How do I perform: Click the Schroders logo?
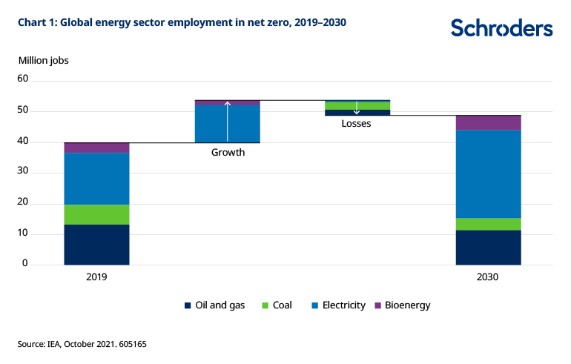tap(502, 28)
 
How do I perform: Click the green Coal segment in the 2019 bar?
tap(96, 214)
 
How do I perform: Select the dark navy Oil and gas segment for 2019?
tap(96, 245)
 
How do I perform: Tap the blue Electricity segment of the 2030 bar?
tap(488, 173)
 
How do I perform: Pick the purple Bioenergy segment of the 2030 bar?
tap(488, 122)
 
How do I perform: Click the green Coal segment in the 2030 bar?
tap(488, 224)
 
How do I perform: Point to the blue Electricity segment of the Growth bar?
tap(211, 123)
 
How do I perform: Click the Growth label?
tap(228, 153)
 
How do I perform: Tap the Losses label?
tap(356, 124)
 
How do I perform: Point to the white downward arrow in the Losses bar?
tap(357, 107)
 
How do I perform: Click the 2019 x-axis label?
tap(96, 277)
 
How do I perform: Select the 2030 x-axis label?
tap(488, 277)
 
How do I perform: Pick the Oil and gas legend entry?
tap(214, 305)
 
